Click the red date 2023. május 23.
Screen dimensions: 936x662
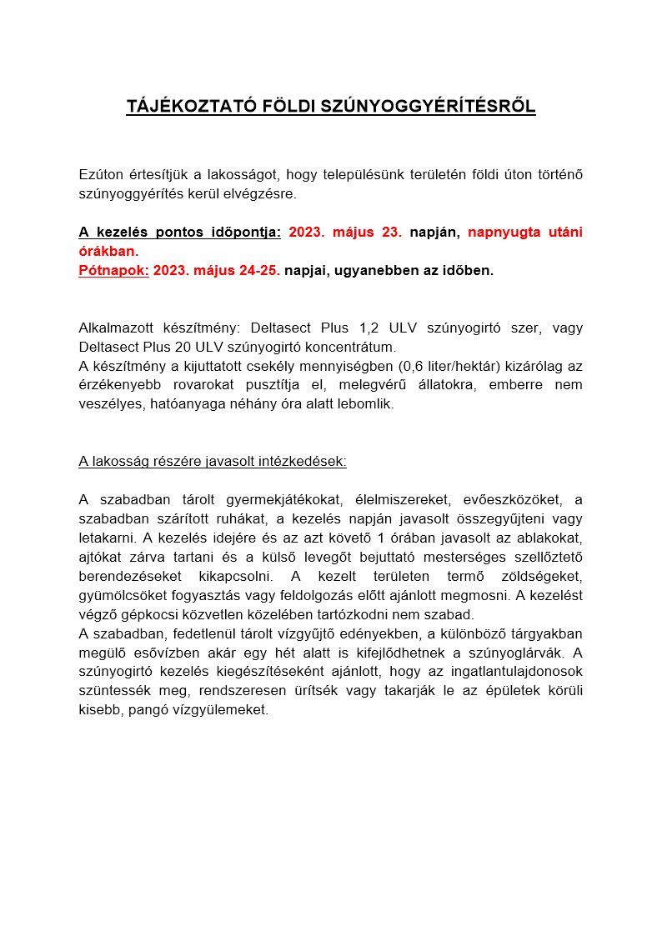[x=345, y=233]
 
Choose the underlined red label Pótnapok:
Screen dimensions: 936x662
[x=113, y=270]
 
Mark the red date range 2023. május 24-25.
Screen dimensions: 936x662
[x=216, y=270]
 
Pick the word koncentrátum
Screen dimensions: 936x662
[x=349, y=347]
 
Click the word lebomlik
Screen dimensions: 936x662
[x=364, y=403]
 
